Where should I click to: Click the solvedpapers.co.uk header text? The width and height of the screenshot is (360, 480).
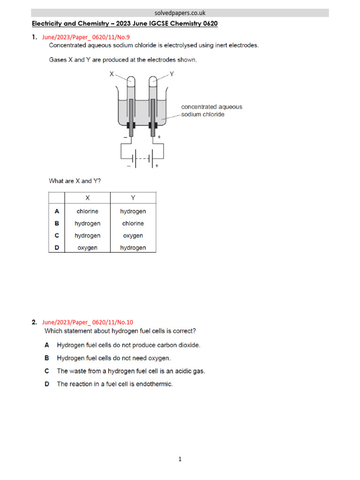[x=180, y=13]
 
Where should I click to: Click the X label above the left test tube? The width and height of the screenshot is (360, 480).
[x=112, y=74]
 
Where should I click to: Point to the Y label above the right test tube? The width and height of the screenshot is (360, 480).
[x=171, y=74]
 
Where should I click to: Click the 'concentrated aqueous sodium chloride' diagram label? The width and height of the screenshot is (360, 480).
[x=211, y=111]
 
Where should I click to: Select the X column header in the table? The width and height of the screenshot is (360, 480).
[x=87, y=198]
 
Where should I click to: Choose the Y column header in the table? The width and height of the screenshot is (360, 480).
[x=133, y=198]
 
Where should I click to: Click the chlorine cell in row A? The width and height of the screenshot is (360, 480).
[x=87, y=211]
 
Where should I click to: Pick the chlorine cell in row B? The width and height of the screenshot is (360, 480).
[x=133, y=224]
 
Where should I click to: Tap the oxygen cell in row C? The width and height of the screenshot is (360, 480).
[x=133, y=236]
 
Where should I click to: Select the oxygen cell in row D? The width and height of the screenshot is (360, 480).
[x=87, y=248]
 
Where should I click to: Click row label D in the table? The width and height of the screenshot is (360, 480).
[x=57, y=248]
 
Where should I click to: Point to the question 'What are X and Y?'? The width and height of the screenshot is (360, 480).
[x=75, y=180]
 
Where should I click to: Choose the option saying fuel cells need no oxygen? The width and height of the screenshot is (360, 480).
[x=114, y=358]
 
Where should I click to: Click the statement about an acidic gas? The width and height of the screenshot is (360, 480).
[x=131, y=371]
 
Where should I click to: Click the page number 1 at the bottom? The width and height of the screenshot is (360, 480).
[x=180, y=459]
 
